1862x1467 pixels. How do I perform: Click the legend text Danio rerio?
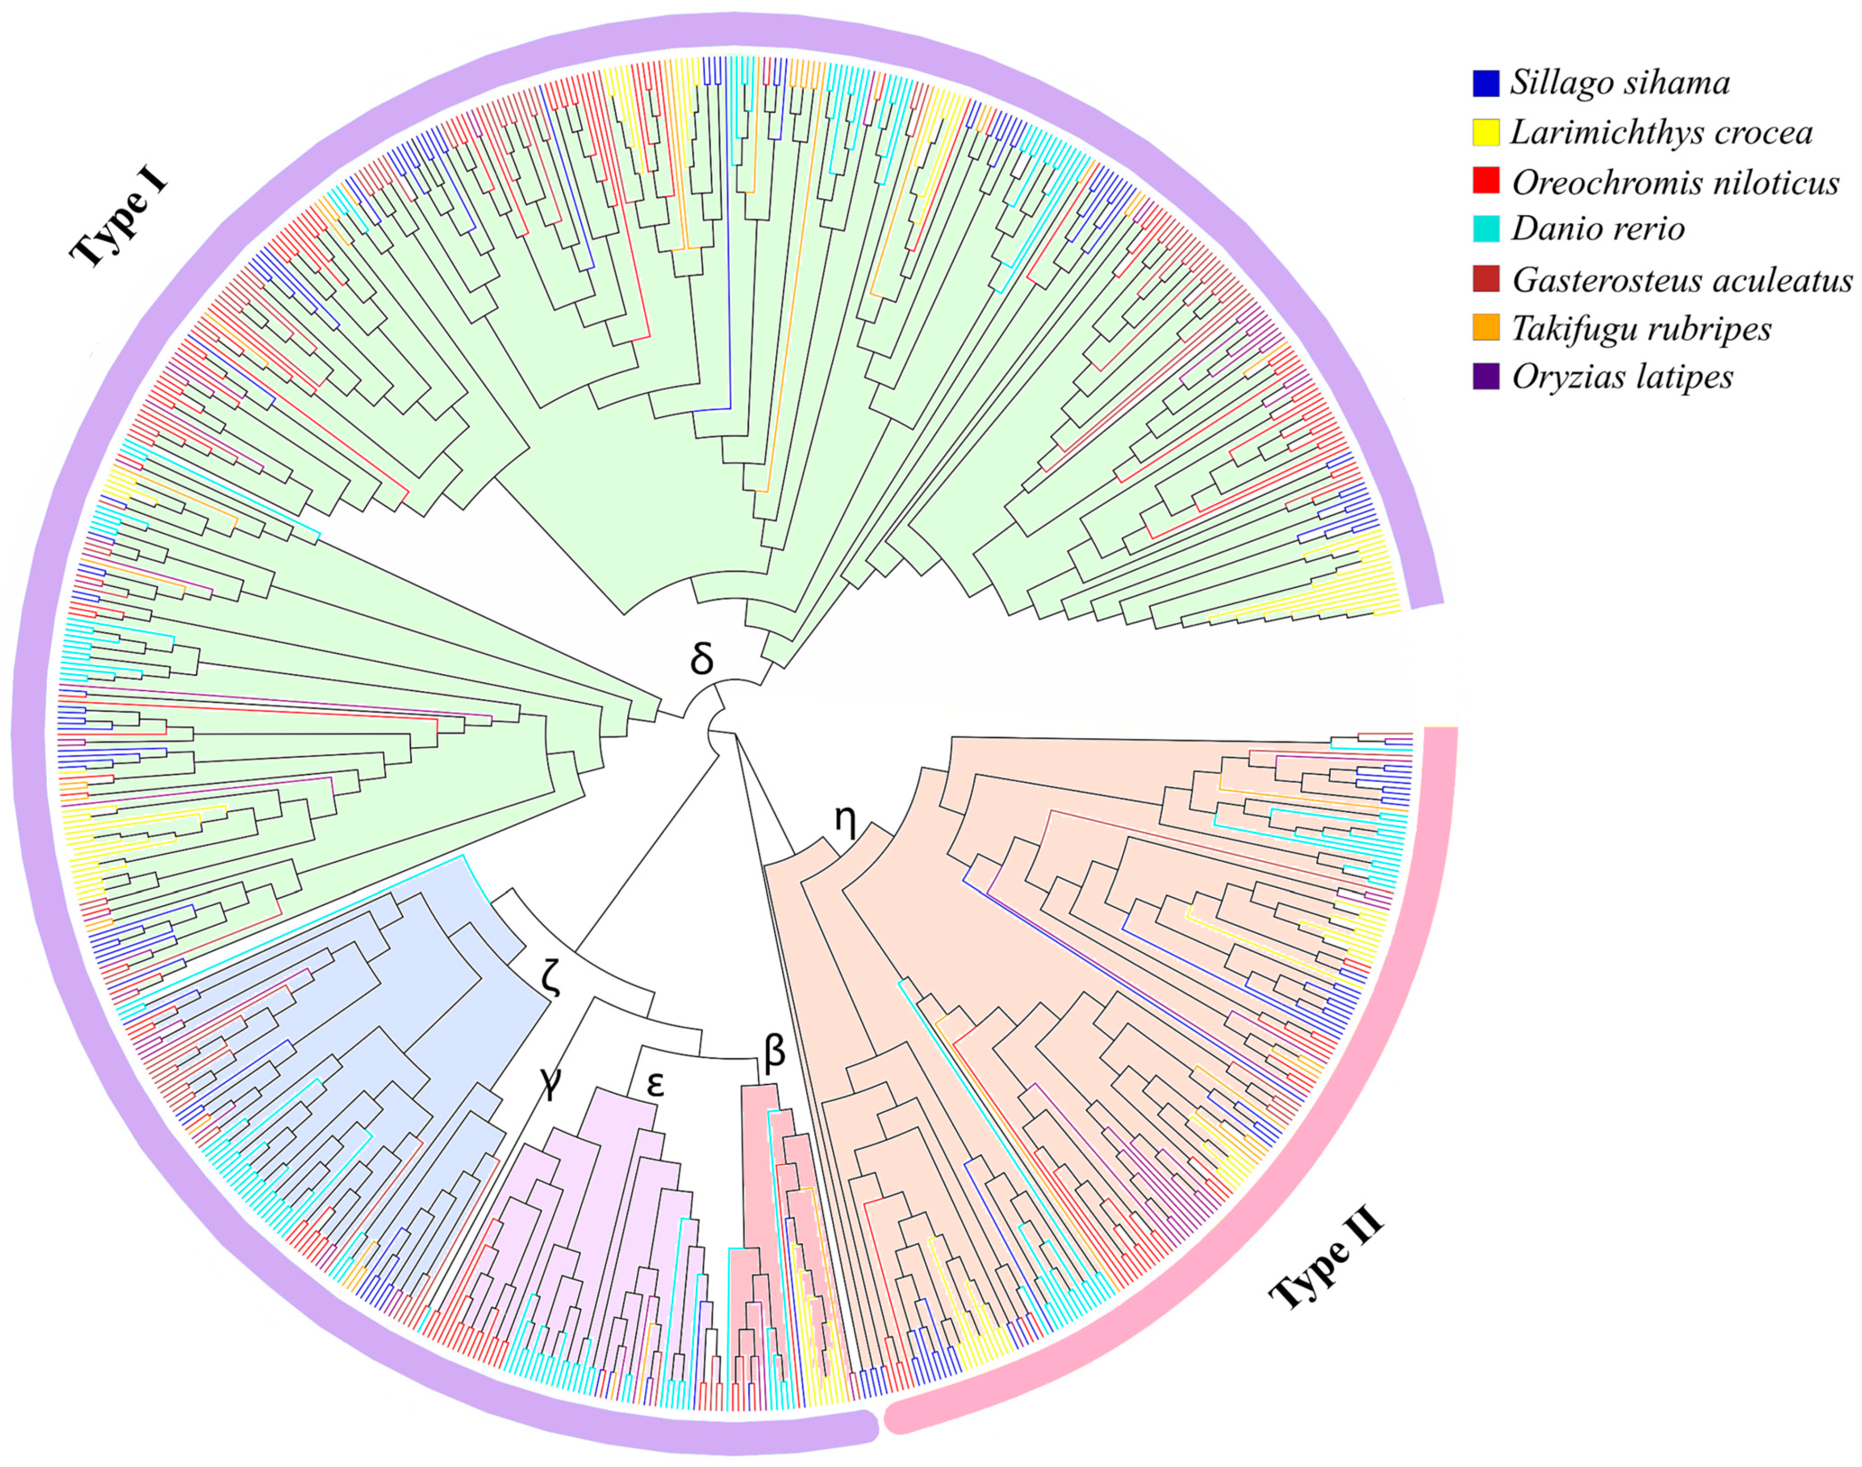(1598, 229)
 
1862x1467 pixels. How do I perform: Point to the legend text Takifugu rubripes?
(1641, 328)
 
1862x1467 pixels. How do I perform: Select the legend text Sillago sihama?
(1620, 83)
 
